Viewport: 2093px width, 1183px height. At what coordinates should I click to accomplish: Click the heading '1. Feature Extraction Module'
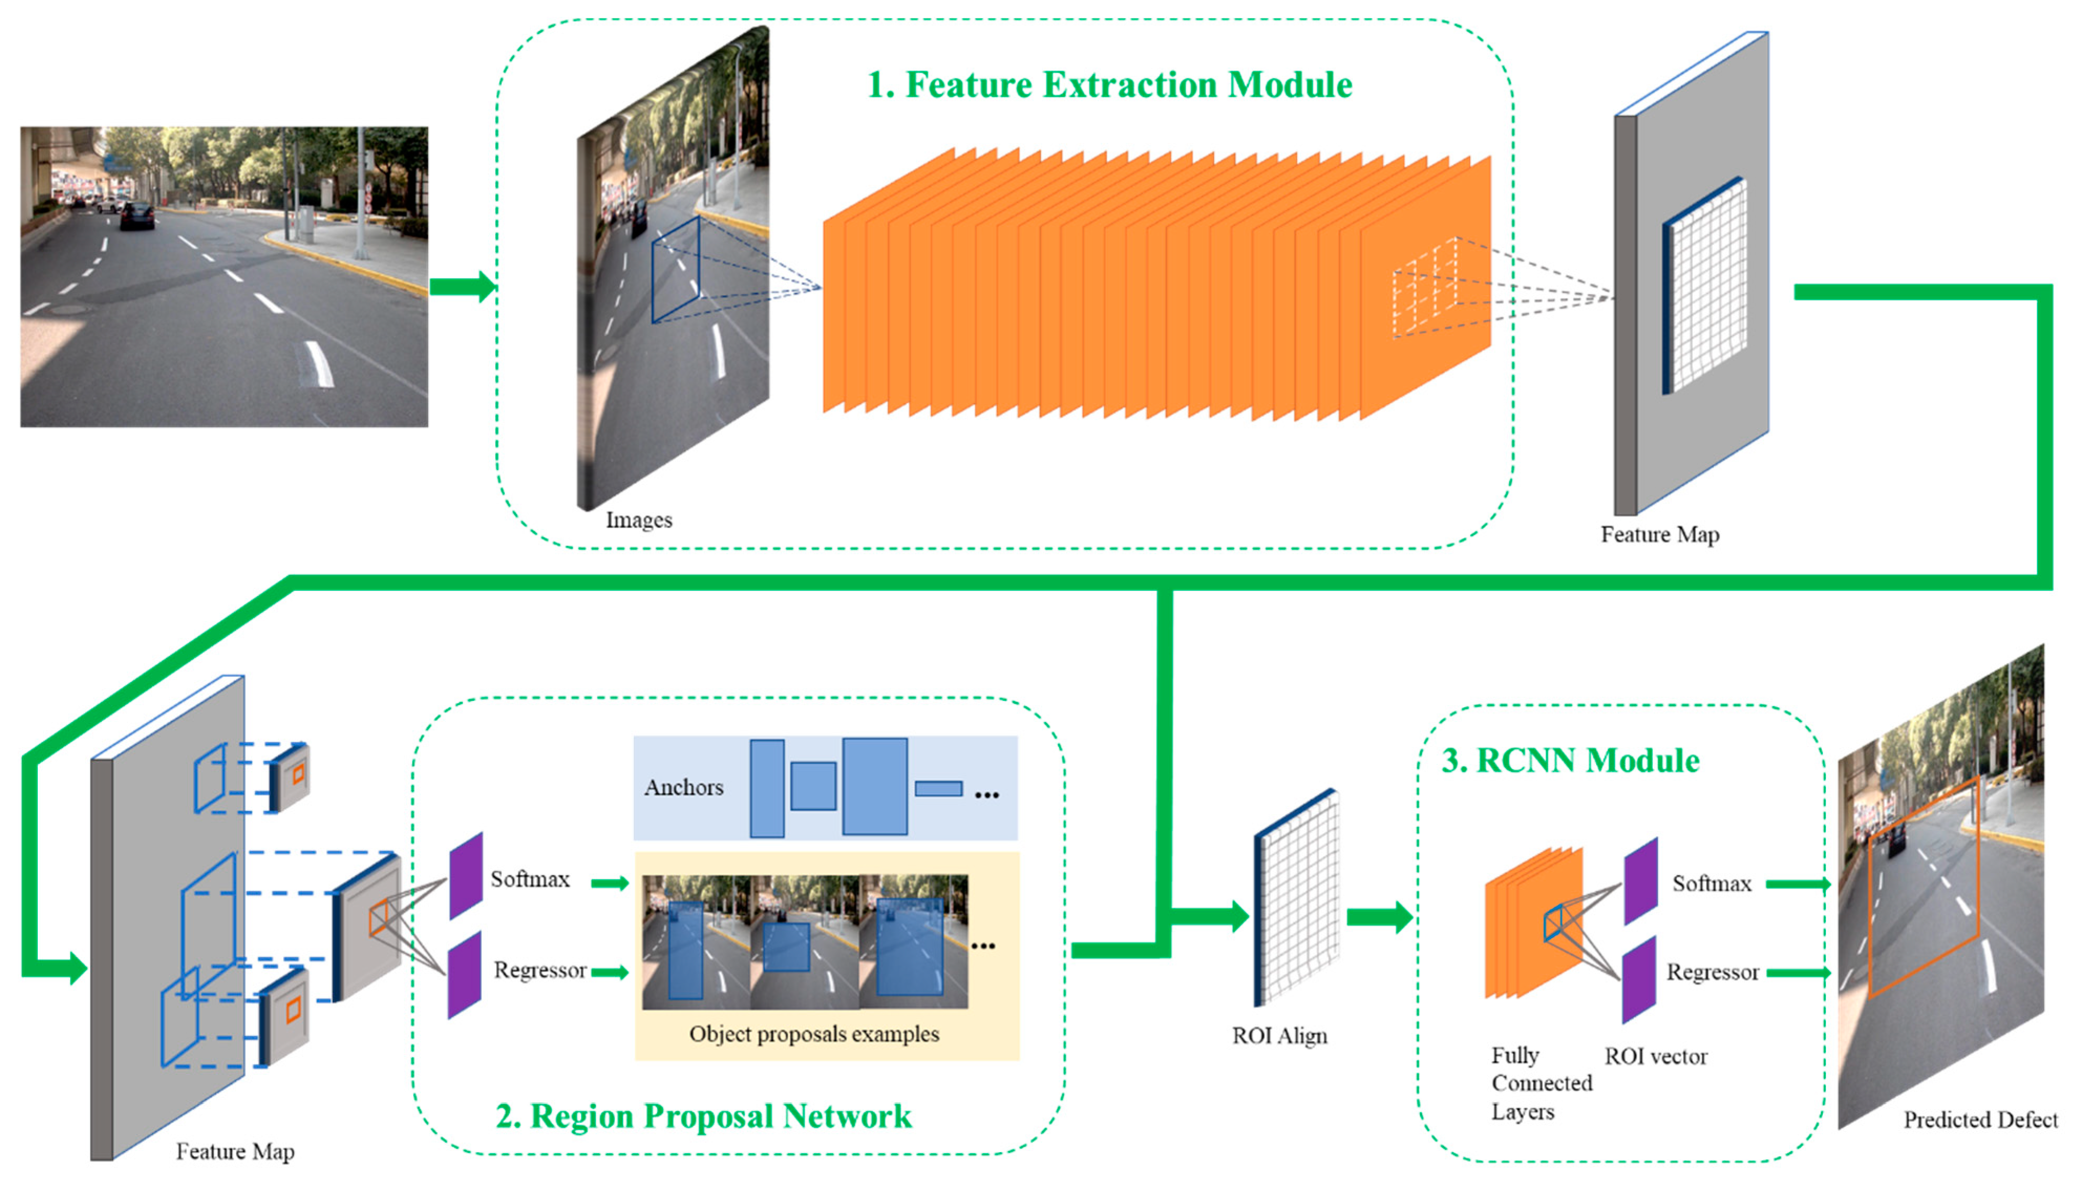(1109, 84)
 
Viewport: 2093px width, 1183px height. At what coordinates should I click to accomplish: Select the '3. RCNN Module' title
(1569, 761)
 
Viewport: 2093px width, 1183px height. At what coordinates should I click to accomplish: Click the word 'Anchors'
(684, 787)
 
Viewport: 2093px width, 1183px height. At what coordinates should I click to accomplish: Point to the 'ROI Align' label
(1279, 1036)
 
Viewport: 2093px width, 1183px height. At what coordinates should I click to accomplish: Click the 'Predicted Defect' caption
(1980, 1120)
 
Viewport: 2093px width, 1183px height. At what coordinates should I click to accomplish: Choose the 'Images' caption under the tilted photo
(638, 520)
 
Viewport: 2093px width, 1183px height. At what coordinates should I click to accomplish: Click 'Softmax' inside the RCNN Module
(1711, 883)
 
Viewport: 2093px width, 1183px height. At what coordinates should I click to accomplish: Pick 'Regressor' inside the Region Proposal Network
(539, 970)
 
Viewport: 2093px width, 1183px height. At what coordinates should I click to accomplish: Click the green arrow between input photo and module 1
(462, 286)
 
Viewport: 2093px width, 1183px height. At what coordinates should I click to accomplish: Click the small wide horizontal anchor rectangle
(938, 788)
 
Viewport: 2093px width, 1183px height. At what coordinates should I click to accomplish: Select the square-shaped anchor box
(813, 786)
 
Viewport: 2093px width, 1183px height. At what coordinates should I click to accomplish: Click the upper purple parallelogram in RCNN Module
(1640, 881)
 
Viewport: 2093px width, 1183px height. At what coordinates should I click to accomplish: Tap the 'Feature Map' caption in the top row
(1659, 535)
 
